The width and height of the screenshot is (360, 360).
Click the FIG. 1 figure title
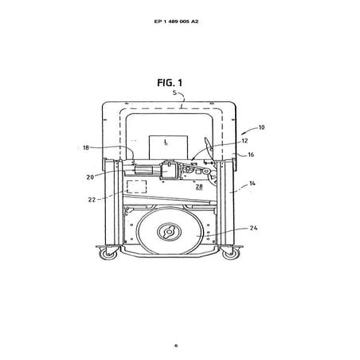pyautogui.click(x=170, y=83)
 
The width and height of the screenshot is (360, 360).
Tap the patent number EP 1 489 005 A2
pyautogui.click(x=176, y=22)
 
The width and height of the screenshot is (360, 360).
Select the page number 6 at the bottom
pyautogui.click(x=176, y=346)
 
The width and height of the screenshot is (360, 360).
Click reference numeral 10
pyautogui.click(x=261, y=127)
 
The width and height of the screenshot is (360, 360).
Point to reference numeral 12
pyautogui.click(x=245, y=141)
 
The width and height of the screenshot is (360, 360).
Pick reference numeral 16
pyautogui.click(x=251, y=155)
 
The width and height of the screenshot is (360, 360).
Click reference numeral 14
pyautogui.click(x=252, y=183)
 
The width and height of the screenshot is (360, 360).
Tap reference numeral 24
pyautogui.click(x=253, y=228)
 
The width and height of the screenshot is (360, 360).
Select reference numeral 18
pyautogui.click(x=86, y=147)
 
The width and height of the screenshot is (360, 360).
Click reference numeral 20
pyautogui.click(x=90, y=177)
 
